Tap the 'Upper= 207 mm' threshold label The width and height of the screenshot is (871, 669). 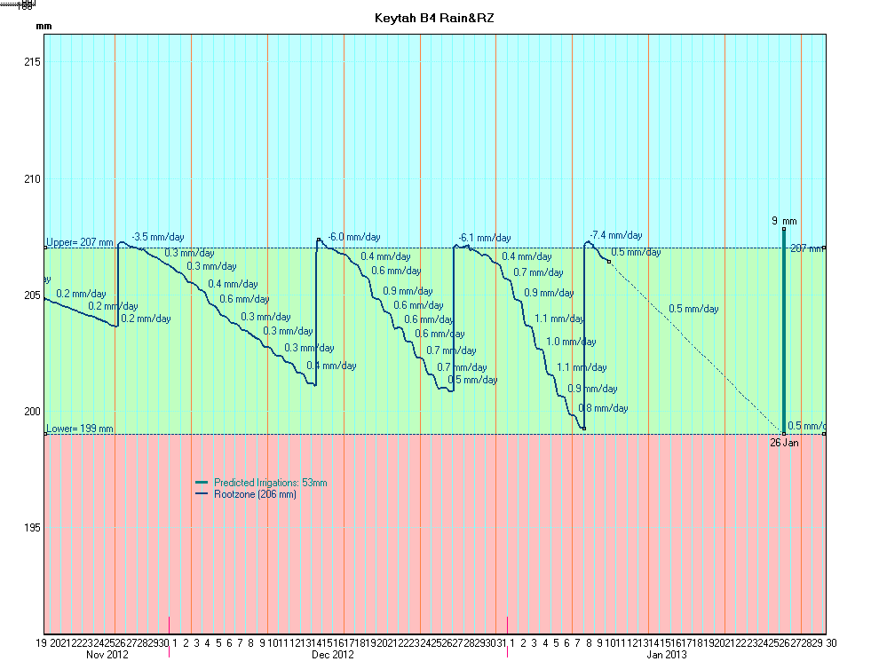coord(80,242)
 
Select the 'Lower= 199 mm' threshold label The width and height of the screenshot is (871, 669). coord(80,429)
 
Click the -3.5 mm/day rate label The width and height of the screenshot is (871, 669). coord(158,237)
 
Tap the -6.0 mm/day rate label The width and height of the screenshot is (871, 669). coord(353,237)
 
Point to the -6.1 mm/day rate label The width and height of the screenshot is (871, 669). coord(484,238)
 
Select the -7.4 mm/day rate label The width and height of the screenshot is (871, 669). coord(615,235)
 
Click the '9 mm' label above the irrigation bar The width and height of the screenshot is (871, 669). coord(784,221)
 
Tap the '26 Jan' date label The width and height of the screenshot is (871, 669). coord(785,442)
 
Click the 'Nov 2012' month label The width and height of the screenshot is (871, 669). coord(107,655)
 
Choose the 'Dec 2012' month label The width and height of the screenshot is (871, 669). coord(333,655)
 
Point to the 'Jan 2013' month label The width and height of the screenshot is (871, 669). coord(666,655)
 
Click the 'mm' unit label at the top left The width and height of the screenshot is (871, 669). coord(44,27)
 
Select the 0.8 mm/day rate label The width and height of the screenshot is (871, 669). coord(603,409)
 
